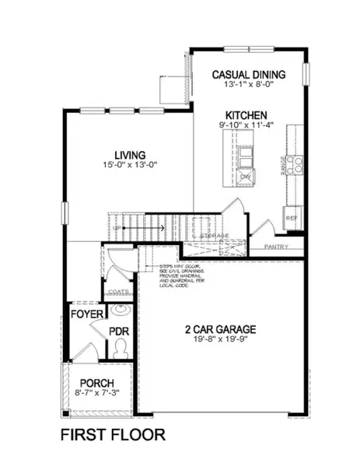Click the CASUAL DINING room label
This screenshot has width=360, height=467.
pos(249,75)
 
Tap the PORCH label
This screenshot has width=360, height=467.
pos(97,384)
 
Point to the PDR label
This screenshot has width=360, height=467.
pos(119,330)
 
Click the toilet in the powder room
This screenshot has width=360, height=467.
pos(120,350)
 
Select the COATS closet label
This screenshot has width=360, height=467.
pos(119,293)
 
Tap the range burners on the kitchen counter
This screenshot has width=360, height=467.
pos(295,164)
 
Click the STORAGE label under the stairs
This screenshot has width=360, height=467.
pos(214,234)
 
